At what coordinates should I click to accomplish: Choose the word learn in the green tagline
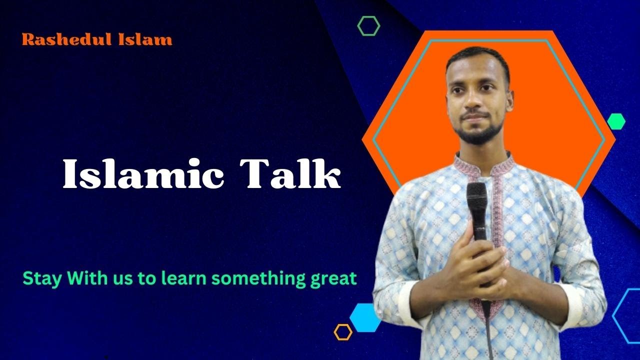coord(183,278)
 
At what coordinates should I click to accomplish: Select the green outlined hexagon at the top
coord(368,25)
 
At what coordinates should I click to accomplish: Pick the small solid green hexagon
coord(616,121)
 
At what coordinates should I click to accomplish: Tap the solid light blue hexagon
coord(364,317)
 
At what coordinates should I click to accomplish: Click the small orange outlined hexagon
coord(343,332)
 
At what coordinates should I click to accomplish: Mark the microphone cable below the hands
coord(487,325)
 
